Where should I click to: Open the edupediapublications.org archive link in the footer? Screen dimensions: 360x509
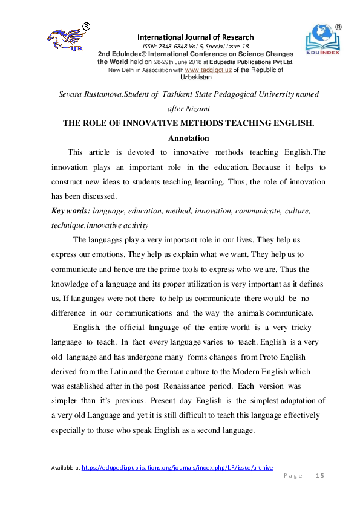pos(177,467)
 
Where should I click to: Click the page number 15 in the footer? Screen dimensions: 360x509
pos(321,476)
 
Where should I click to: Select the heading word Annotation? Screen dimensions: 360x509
pos(188,138)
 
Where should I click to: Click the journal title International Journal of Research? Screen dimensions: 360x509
pos(195,37)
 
